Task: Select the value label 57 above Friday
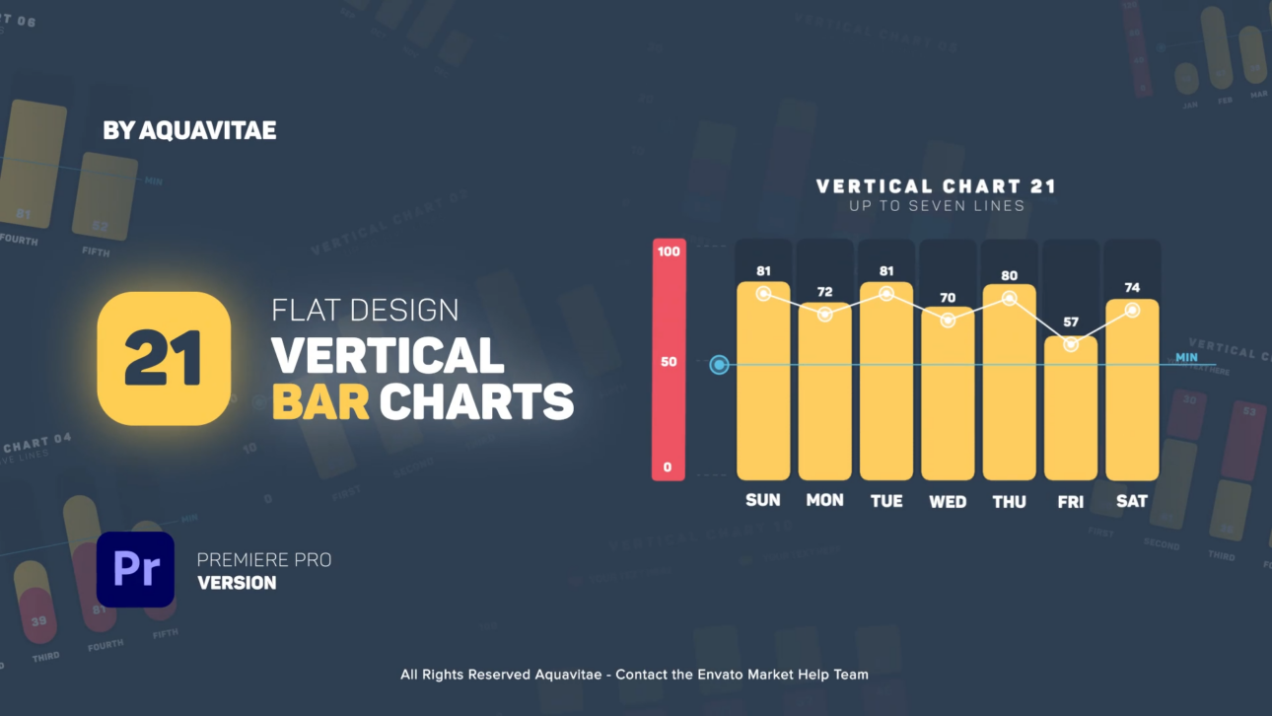pyautogui.click(x=1071, y=322)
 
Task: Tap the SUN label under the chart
pyautogui.click(x=763, y=500)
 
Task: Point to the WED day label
pyautogui.click(x=948, y=502)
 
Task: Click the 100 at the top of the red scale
pyautogui.click(x=669, y=251)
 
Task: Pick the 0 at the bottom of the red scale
pyautogui.click(x=669, y=467)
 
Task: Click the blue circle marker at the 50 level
pyautogui.click(x=720, y=365)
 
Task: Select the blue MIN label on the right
pyautogui.click(x=1186, y=357)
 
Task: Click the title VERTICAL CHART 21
pyautogui.click(x=936, y=186)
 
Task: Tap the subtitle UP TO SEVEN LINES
pyautogui.click(x=936, y=206)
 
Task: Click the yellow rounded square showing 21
pyautogui.click(x=164, y=358)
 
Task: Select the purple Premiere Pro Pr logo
pyautogui.click(x=135, y=570)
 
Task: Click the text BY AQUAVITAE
pyautogui.click(x=189, y=130)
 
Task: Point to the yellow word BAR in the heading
pyautogui.click(x=320, y=401)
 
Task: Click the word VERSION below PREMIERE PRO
pyautogui.click(x=237, y=583)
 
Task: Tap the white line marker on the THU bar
pyautogui.click(x=1009, y=299)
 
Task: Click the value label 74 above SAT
pyautogui.click(x=1132, y=288)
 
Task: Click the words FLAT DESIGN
pyautogui.click(x=365, y=310)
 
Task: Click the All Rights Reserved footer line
pyautogui.click(x=634, y=675)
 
